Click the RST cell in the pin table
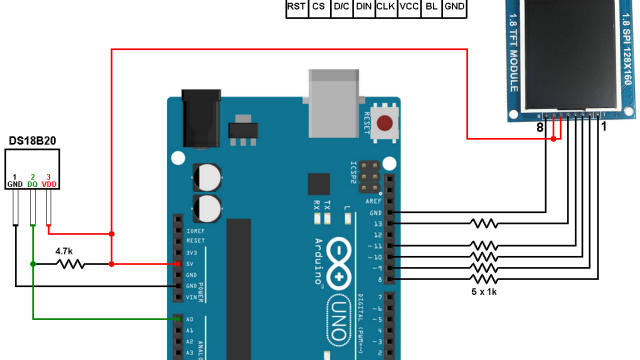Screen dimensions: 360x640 coord(296,7)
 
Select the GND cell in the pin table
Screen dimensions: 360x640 coord(455,7)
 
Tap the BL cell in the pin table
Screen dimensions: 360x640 coord(431,7)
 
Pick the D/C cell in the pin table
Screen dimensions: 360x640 coord(341,7)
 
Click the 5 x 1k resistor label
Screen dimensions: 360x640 coord(485,292)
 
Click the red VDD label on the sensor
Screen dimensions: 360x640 coord(49,185)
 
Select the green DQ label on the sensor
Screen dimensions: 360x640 coord(33,185)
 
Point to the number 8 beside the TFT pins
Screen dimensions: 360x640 coord(539,128)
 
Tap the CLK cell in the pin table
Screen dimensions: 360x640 coord(385,7)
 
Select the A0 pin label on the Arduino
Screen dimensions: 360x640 coord(188,320)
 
